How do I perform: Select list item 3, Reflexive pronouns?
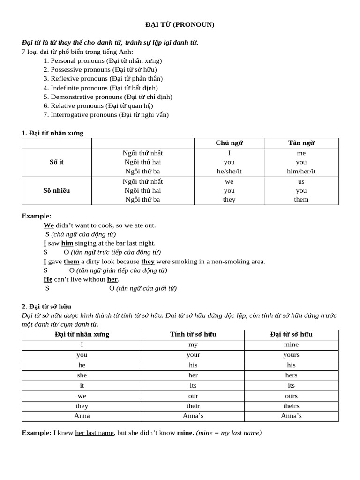106,79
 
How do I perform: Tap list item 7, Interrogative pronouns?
106,114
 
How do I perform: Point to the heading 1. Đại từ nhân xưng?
52,133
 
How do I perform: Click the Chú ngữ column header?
229,143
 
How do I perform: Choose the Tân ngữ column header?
301,143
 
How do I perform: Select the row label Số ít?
57,162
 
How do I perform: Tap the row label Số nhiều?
57,190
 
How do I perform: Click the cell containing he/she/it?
229,171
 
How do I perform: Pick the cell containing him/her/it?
301,171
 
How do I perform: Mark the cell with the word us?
301,181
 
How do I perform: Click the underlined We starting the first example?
49,225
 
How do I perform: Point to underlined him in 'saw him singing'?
67,243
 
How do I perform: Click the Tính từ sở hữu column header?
193,334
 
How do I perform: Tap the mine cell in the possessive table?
291,345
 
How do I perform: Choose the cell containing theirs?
291,406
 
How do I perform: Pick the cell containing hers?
291,375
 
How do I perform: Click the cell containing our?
193,396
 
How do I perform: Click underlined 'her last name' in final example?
94,433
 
